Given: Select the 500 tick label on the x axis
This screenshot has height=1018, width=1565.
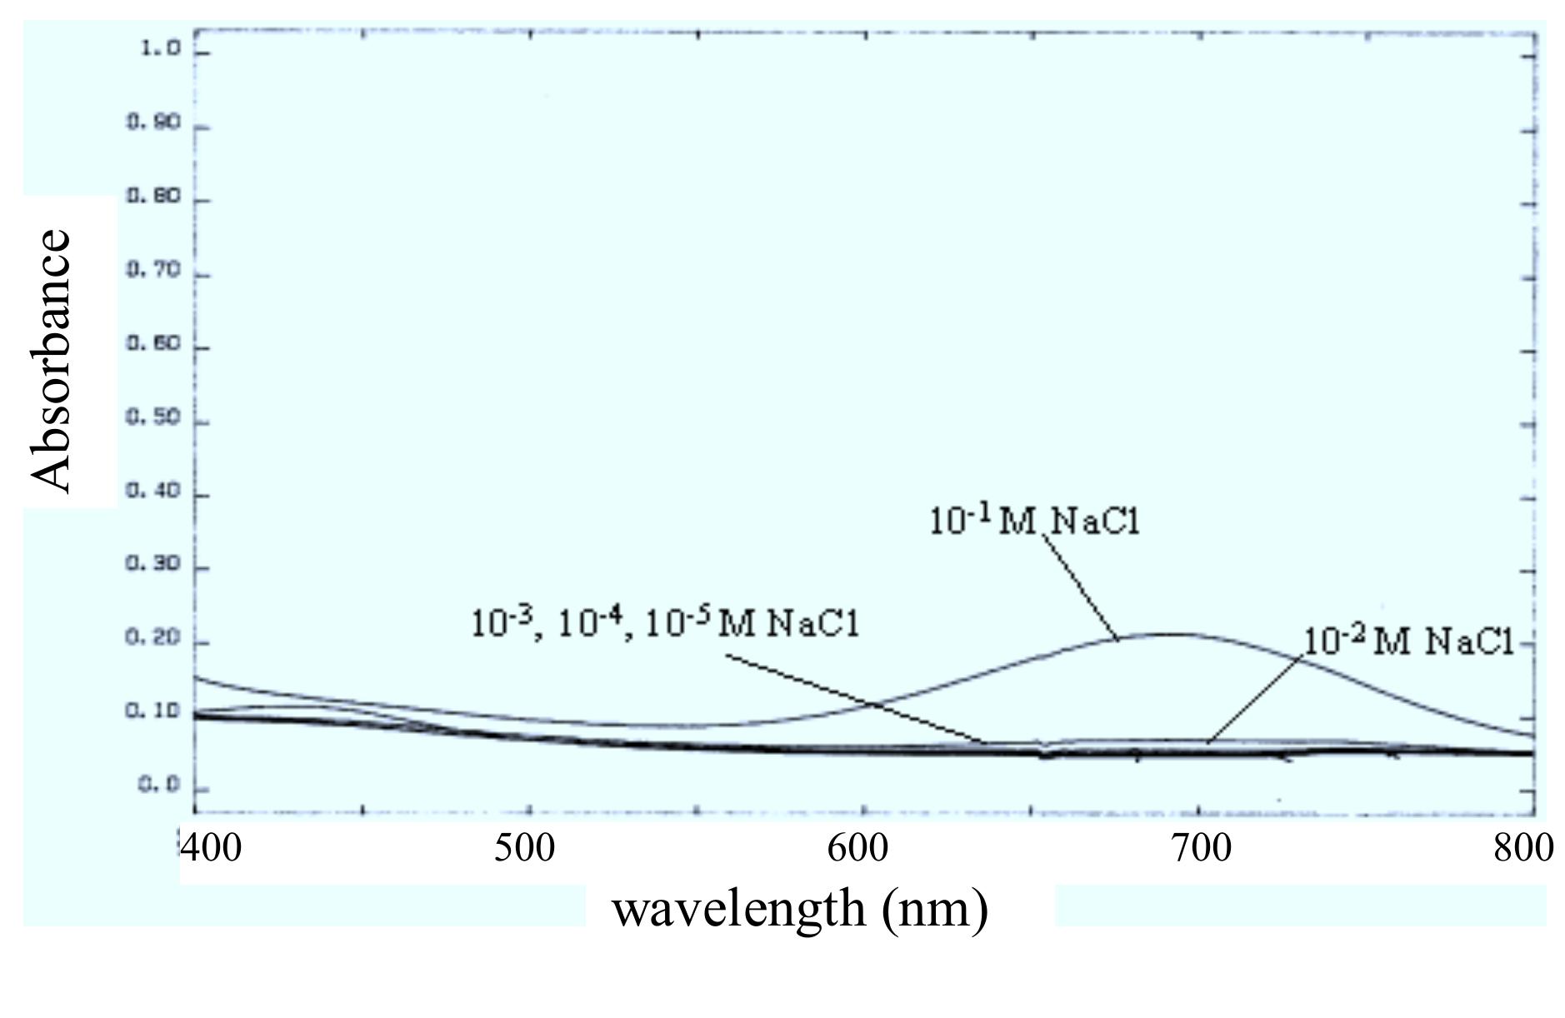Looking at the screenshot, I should point(524,849).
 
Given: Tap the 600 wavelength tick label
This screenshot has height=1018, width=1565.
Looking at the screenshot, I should point(858,849).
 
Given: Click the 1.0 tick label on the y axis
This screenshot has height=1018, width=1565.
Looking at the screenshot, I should point(160,49).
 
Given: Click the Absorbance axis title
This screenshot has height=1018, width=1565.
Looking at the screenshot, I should point(52,360).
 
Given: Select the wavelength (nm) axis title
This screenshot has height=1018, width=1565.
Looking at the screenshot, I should point(800,908).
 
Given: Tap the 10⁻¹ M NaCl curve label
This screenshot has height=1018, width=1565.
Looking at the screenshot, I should point(1033,521).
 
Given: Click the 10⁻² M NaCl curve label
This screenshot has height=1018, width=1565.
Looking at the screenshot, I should point(1407,641).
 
